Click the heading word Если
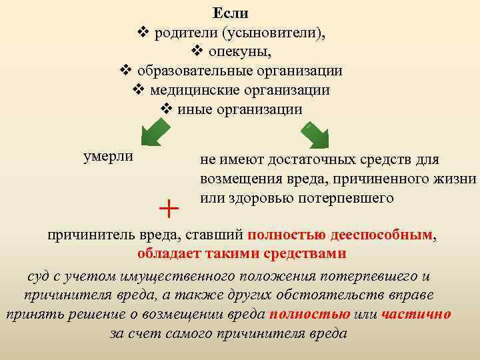231,13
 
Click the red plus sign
169,208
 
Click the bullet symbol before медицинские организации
139,89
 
